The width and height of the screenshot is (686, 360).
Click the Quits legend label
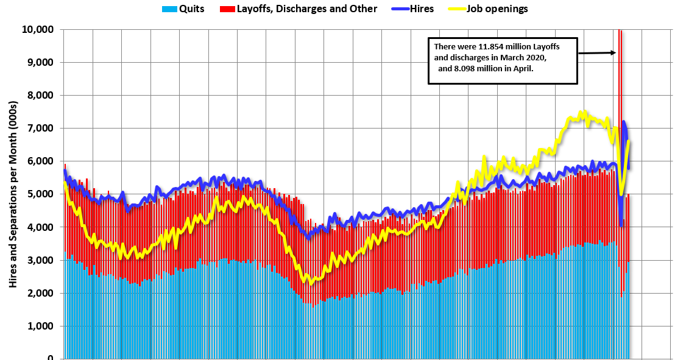tap(192, 9)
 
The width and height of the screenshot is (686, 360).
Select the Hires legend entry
tap(420, 9)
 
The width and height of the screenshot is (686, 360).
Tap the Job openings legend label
tap(497, 9)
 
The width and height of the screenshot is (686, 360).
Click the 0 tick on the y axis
tap(51, 358)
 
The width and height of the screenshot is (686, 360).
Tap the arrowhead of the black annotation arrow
tap(614, 52)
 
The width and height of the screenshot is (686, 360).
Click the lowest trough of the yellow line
tap(310, 283)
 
